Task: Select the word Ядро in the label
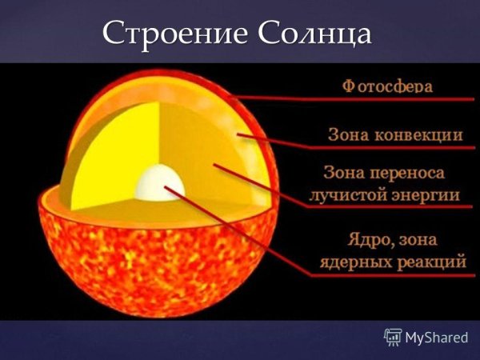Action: point(364,238)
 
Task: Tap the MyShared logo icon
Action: point(392,336)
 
